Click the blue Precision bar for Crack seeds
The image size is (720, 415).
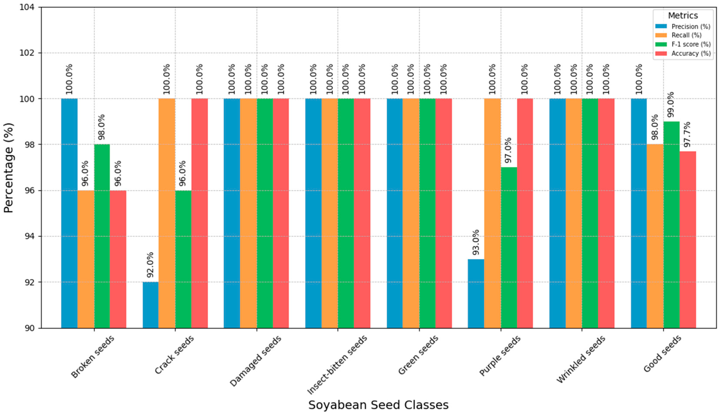coord(150,305)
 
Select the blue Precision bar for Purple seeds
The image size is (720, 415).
coord(476,294)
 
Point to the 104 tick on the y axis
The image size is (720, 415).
coord(27,7)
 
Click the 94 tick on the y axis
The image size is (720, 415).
coord(30,236)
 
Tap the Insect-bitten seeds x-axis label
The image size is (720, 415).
coord(338,365)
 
